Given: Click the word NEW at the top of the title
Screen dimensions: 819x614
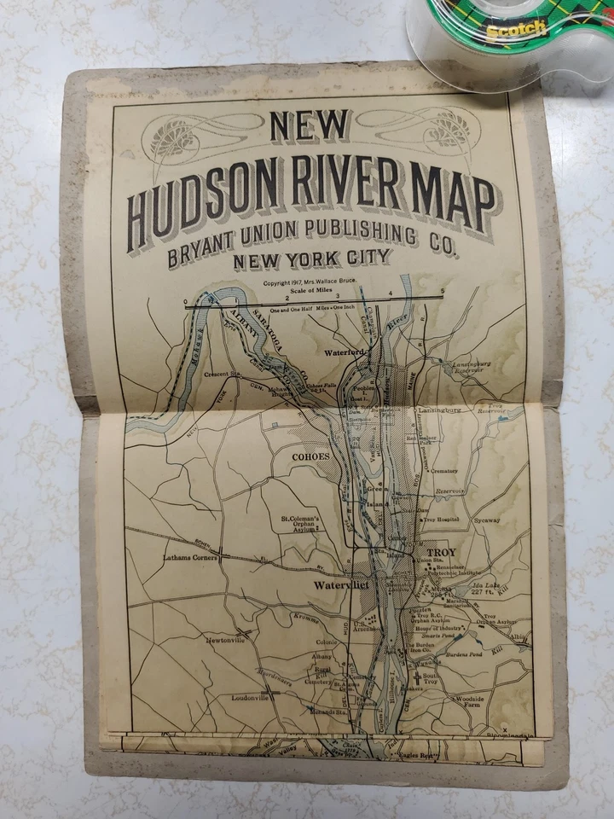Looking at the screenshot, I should (x=309, y=126).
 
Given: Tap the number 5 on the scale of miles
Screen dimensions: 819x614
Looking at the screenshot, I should (x=442, y=293).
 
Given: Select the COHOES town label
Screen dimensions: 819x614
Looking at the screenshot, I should (x=310, y=456).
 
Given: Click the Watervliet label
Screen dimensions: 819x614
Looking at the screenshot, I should (x=339, y=585).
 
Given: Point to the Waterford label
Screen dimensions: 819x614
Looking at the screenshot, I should (x=344, y=351).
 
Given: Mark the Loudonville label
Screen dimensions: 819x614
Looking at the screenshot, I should (x=249, y=697).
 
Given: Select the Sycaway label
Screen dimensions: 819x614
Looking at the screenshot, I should (x=487, y=519).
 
